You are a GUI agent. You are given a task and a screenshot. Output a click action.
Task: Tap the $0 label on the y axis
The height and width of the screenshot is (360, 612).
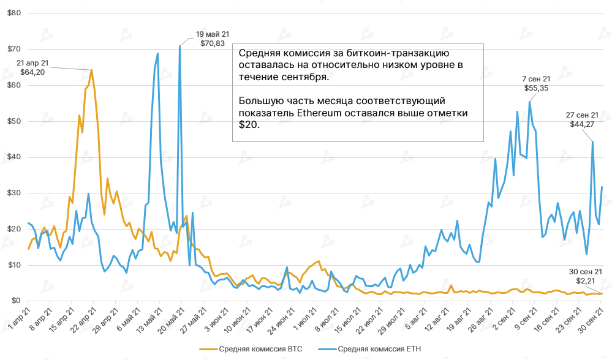point(16,301)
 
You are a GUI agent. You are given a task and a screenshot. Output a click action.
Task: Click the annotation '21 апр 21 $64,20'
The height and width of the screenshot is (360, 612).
point(34,67)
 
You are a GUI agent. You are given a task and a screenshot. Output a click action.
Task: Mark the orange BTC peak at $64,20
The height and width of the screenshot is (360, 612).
point(92,70)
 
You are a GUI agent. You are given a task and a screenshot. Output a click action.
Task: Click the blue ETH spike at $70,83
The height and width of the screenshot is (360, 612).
point(179,46)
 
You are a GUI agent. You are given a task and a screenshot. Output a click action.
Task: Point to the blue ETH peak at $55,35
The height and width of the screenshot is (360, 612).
point(529,102)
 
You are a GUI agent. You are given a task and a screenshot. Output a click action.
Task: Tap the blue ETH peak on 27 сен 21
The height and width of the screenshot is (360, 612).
point(592,141)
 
